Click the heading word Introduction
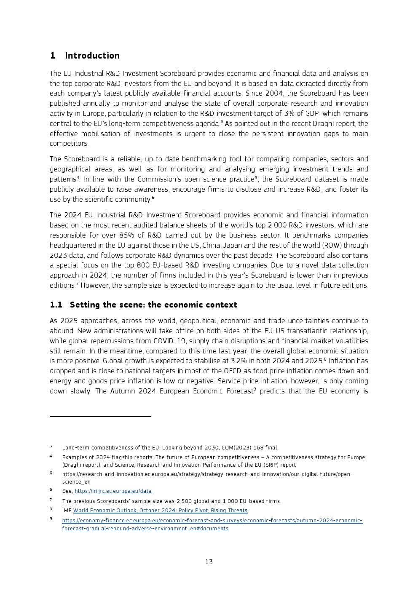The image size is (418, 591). tap(92, 56)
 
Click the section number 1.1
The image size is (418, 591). tap(56, 305)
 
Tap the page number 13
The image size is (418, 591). tap(209, 562)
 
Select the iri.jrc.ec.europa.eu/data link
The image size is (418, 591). tap(113, 491)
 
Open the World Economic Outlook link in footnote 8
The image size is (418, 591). tap(160, 511)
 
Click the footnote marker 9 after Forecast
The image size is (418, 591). tap(255, 389)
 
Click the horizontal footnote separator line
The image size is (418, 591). tap(100, 417)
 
